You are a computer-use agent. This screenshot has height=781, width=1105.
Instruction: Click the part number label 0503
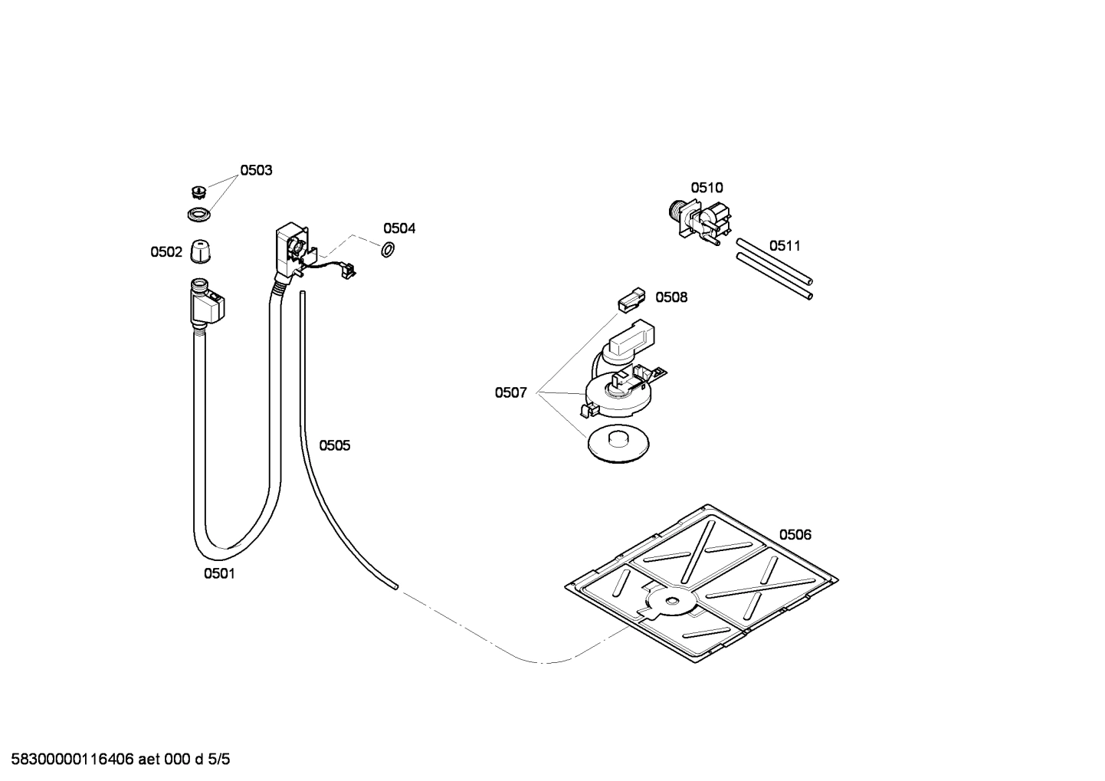click(256, 170)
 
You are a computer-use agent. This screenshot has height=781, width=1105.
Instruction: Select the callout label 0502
click(166, 251)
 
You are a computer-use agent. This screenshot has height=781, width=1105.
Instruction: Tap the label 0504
click(399, 228)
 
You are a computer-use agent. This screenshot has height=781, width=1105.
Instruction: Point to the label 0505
click(334, 445)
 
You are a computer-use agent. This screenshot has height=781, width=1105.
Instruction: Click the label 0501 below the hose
click(219, 573)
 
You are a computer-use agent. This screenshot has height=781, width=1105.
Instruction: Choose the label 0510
click(707, 188)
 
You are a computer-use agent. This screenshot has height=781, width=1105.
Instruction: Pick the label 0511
click(785, 245)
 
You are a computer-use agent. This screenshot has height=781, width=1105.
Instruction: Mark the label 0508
click(671, 297)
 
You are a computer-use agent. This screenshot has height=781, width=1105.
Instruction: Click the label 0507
click(510, 393)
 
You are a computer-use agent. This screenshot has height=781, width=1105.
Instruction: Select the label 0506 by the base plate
click(795, 534)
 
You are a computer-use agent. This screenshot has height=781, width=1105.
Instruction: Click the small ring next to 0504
click(388, 248)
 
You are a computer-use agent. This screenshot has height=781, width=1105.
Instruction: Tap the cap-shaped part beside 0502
click(200, 251)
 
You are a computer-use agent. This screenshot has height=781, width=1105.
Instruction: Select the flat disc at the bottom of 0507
click(618, 443)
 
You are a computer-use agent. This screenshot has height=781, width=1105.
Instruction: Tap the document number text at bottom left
click(115, 760)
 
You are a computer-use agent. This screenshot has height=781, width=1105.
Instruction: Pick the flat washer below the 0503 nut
click(199, 215)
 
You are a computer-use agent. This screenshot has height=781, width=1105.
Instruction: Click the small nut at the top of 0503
click(198, 191)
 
